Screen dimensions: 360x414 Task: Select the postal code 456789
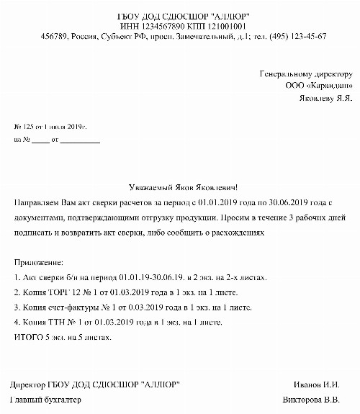pos(56,35)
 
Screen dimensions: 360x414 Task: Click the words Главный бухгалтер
pos(48,399)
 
